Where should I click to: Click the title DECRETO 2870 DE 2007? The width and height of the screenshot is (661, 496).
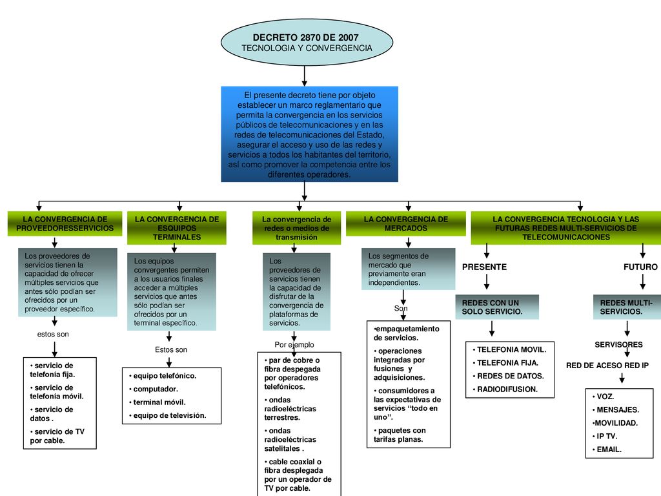coord(305,37)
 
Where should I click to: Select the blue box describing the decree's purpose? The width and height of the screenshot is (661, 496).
coord(309,134)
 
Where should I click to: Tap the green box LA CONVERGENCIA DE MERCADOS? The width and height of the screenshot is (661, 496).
coord(405,223)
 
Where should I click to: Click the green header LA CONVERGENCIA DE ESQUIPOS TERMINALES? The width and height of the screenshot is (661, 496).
coord(177,228)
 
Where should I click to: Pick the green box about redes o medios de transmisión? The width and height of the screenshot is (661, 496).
coord(296,228)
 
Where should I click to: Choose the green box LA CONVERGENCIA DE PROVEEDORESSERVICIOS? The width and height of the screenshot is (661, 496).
coord(65,223)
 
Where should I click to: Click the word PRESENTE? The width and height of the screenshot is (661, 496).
coord(484,267)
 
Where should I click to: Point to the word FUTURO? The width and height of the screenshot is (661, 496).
coord(640,267)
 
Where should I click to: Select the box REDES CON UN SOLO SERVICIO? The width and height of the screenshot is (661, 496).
coord(497,307)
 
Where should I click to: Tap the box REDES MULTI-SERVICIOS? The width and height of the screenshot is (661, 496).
coord(627,307)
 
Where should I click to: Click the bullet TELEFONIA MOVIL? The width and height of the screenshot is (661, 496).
coord(509,349)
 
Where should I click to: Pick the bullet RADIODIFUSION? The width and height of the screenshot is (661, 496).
coord(505,389)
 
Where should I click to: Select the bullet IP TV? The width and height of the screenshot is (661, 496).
coord(604,436)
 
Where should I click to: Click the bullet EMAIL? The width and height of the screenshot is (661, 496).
coord(607,449)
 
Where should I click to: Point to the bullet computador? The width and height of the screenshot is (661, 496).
coord(154,389)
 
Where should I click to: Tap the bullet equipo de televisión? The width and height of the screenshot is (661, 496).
coord(167,415)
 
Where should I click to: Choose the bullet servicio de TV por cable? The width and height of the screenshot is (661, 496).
coord(57,436)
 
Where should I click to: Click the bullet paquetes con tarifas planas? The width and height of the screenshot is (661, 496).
coord(400,435)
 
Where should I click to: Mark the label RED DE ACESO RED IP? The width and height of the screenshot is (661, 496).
coord(607,366)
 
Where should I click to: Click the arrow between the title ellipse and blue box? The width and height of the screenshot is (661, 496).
coord(305,76)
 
